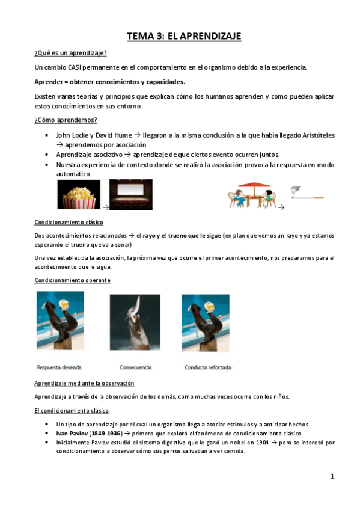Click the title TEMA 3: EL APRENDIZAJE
(x=184, y=37)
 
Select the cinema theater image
(x=130, y=194)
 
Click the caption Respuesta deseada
(x=59, y=367)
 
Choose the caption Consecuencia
(x=135, y=367)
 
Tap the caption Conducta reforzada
(x=208, y=367)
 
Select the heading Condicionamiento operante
(x=72, y=280)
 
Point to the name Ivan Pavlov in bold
(x=73, y=433)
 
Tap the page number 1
(x=332, y=476)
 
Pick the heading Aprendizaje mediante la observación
(x=84, y=383)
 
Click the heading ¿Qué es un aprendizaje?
(x=70, y=53)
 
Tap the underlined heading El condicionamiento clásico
(x=72, y=410)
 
